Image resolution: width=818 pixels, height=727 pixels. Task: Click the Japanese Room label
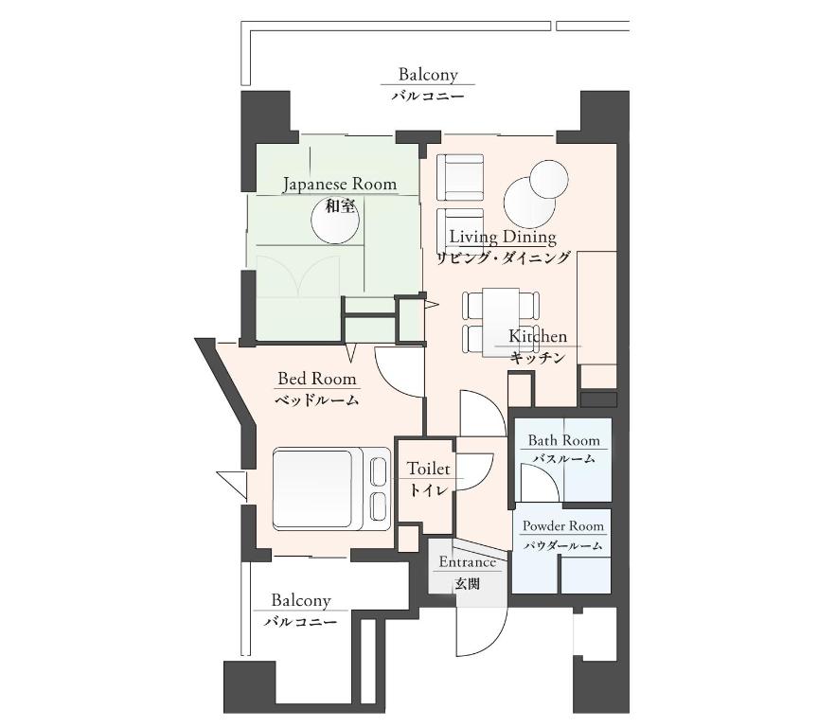340,185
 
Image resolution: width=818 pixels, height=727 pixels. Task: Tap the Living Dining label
503,238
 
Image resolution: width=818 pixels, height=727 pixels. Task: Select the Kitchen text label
538,336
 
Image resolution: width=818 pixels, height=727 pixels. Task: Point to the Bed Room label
317,379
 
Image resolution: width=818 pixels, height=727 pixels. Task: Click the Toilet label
428,469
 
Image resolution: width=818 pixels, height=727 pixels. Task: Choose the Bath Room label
564,441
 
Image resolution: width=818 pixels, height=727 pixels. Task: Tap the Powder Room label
563,526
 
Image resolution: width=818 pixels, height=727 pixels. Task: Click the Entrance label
467,562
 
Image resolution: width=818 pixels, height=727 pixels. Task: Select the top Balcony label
428,75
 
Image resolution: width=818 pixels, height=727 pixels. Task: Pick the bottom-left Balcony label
301,601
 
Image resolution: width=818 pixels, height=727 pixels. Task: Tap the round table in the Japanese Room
335,220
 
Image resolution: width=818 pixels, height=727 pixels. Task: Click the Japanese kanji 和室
340,206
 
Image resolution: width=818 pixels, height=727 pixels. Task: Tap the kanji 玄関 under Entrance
467,583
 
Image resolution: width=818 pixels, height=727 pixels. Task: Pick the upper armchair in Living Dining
460,177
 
